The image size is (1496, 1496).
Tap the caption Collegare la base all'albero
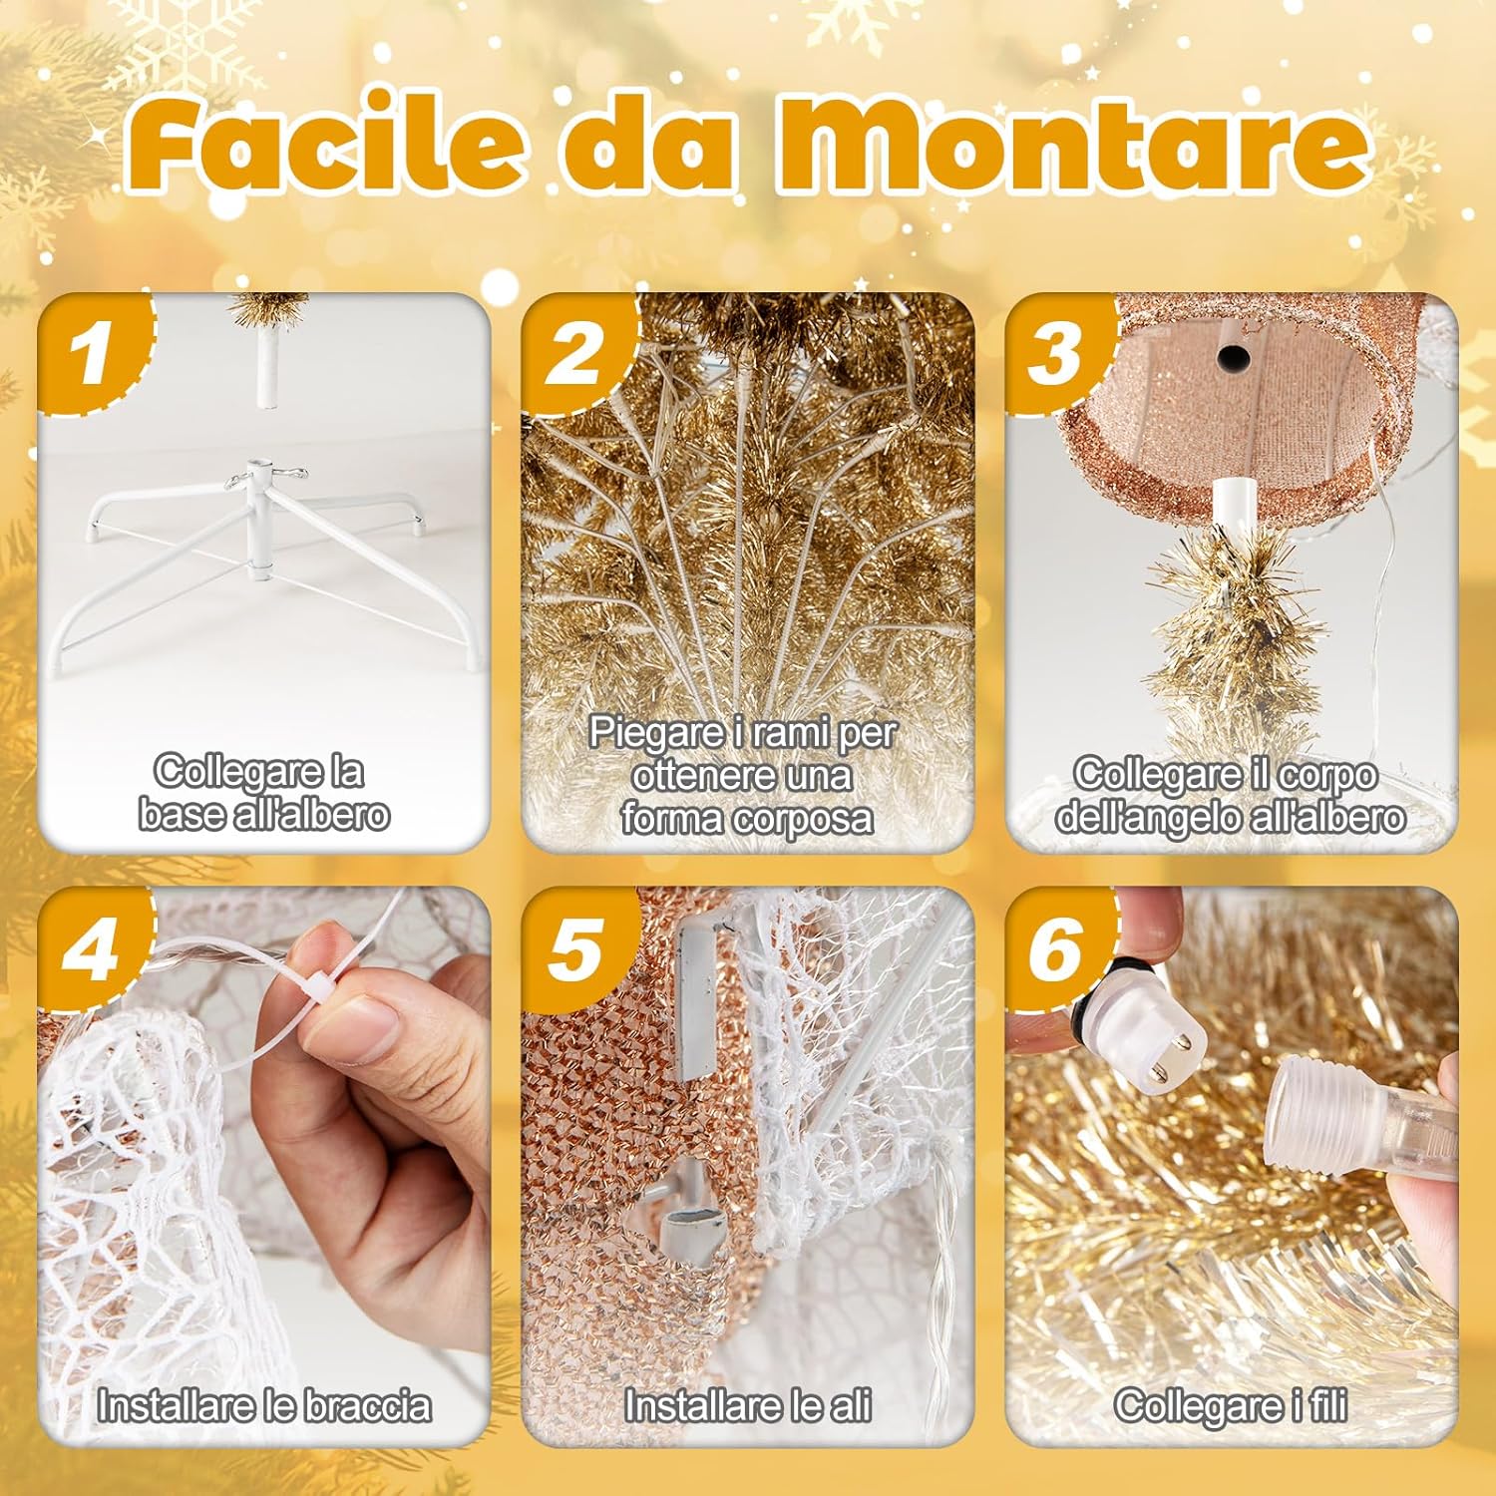[263, 793]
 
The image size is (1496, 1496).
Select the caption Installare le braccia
[264, 1405]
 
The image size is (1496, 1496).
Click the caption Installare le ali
[747, 1405]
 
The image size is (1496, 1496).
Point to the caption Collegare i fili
[1231, 1405]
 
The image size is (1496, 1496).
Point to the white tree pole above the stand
[266, 368]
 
